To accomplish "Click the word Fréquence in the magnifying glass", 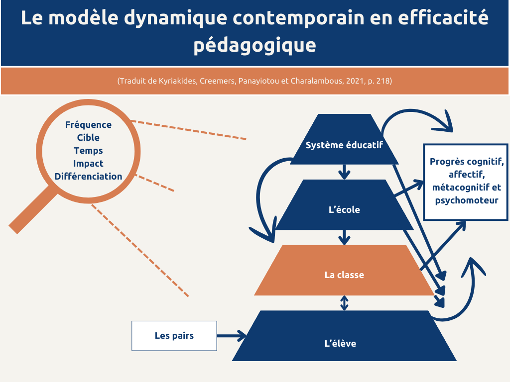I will [88, 125].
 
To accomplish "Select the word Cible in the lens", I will [88, 138].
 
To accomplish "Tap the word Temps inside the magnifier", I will [88, 151].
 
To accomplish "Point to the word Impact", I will [88, 164].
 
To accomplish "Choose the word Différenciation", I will [88, 177].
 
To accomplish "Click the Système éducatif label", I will [344, 145].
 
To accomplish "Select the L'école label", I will [344, 210].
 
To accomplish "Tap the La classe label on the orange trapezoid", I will [344, 275].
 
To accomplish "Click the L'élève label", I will [344, 343].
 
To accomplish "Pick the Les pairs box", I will [174, 336].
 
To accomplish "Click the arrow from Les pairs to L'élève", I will [232, 336].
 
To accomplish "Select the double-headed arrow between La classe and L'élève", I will [344, 302].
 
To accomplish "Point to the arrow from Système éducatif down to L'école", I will [344, 172].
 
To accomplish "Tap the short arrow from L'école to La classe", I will [344, 237].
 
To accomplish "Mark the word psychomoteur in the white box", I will [466, 201].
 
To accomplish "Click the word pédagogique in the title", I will [255, 45].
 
